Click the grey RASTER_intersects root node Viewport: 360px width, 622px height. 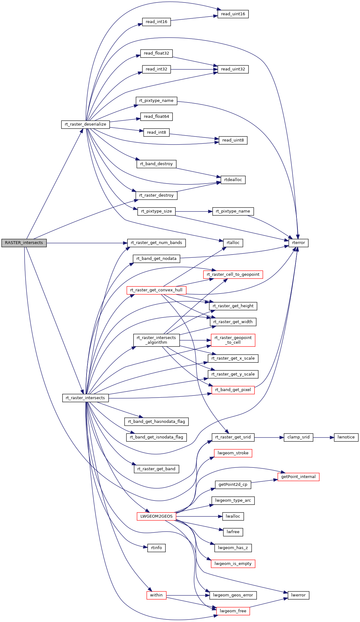(x=24, y=243)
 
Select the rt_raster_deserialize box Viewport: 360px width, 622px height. (x=85, y=124)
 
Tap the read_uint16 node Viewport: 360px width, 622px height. (x=233, y=14)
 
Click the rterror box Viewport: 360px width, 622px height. (x=298, y=243)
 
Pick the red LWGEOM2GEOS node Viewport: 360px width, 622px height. (x=156, y=516)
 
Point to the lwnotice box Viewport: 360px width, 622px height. (x=346, y=437)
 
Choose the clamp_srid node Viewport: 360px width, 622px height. (x=298, y=437)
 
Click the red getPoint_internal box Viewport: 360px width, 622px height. (x=298, y=477)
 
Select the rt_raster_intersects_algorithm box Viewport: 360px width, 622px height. (x=156, y=340)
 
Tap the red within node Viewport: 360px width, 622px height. (x=156, y=595)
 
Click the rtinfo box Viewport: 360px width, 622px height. (x=156, y=548)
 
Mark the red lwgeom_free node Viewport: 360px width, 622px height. (x=233, y=611)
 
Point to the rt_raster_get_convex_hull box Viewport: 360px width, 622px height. (x=156, y=290)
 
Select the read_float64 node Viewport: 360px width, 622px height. (x=156, y=117)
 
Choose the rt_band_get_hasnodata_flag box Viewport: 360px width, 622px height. (x=156, y=422)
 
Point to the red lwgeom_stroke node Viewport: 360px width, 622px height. (x=233, y=453)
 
